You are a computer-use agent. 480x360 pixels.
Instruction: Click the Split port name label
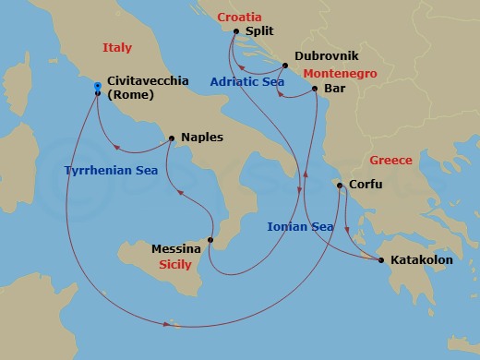260,30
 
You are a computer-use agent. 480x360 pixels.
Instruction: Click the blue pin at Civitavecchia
98,89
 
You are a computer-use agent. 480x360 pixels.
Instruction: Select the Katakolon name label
422,261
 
